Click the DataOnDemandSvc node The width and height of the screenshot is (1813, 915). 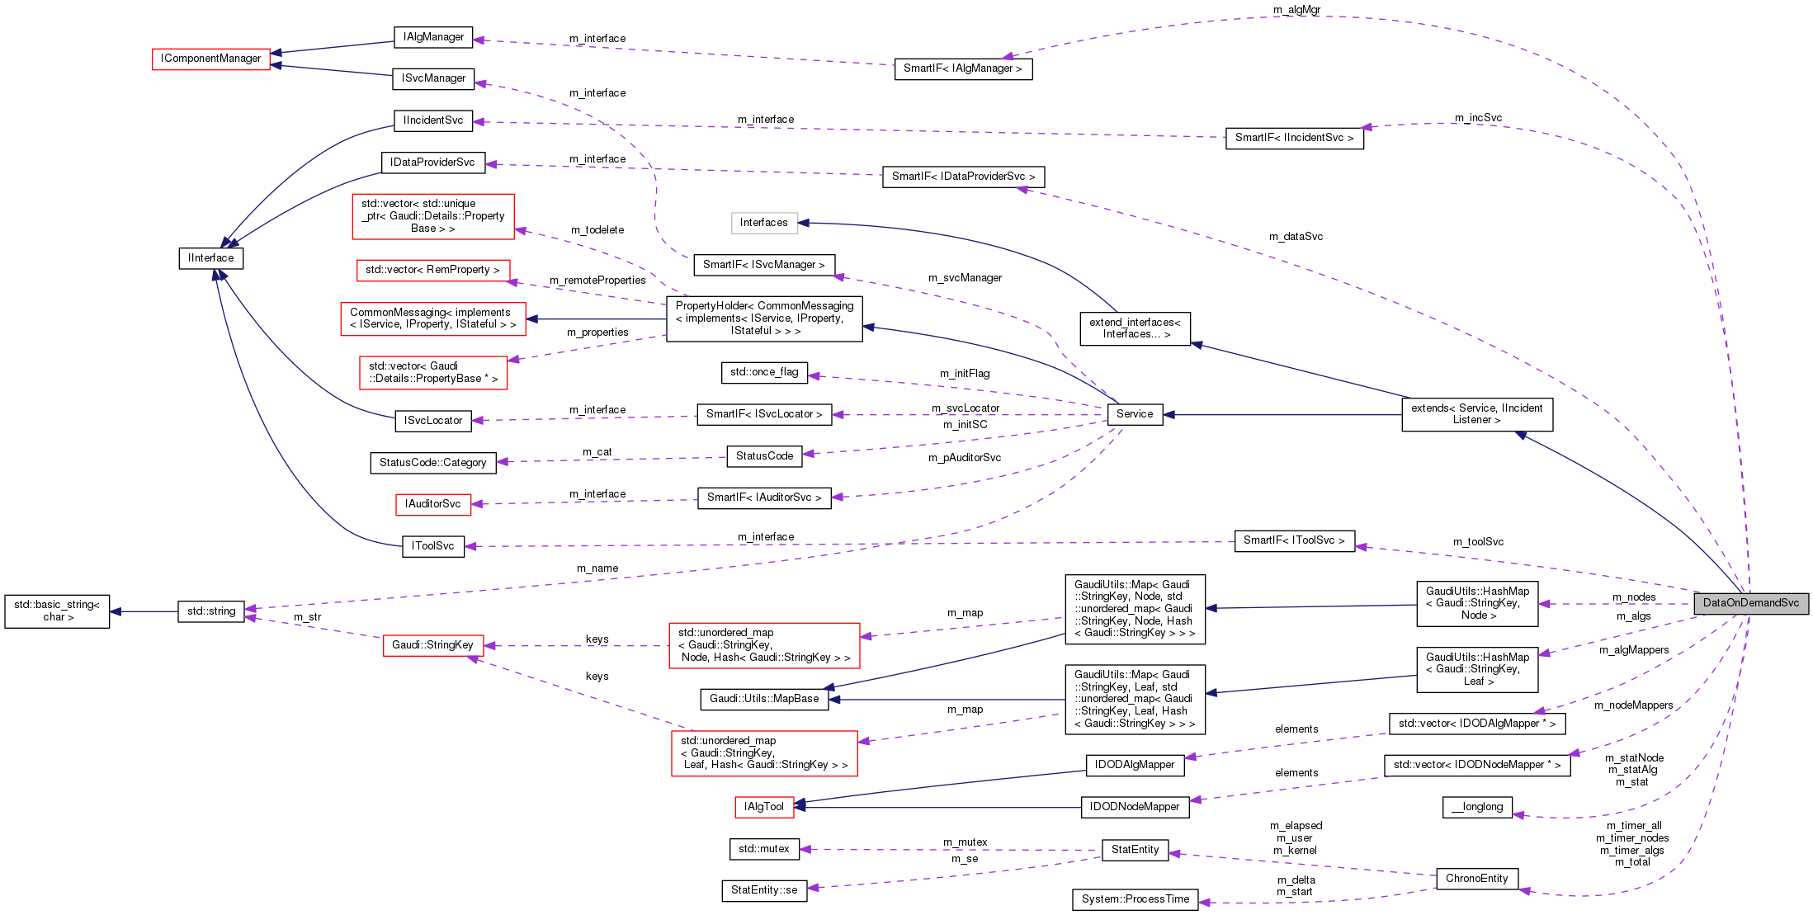point(1750,603)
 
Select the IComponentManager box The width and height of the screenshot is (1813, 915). point(211,59)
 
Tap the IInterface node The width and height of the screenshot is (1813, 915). point(211,258)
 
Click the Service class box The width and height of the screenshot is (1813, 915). point(1135,414)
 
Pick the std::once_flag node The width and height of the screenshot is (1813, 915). point(764,372)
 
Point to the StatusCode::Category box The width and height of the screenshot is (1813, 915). point(433,463)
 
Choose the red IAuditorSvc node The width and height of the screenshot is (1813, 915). point(433,504)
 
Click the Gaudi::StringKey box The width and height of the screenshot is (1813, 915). point(433,645)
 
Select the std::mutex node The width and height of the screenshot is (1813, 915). point(764,849)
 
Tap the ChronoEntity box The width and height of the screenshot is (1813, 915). point(1476,879)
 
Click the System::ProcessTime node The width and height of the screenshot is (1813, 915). point(1135,899)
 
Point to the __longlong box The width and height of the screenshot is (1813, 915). point(1477,807)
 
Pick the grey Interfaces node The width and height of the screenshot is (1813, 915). point(764,223)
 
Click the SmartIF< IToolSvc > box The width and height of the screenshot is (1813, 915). point(1294,540)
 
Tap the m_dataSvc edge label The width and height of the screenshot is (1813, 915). point(1296,237)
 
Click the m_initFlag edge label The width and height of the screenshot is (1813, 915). point(965,374)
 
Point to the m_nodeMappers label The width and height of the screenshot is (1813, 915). point(1634,705)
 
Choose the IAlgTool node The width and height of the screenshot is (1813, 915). point(764,807)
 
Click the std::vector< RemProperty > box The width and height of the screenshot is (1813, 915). point(433,270)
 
